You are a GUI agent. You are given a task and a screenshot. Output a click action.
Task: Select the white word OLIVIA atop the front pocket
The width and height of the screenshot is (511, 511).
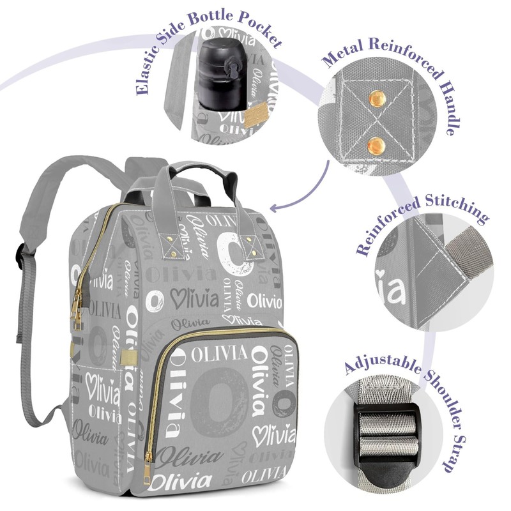[x=218, y=353]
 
